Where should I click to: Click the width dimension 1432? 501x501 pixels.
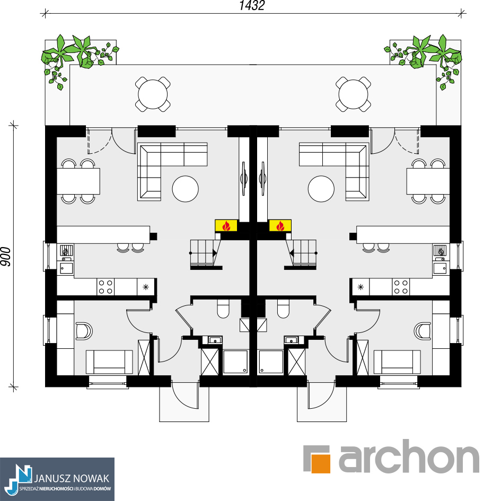point(252,5)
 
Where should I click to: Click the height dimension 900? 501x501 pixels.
point(6,257)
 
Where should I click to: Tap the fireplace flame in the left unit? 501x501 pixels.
point(226,225)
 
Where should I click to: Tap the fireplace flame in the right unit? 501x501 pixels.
point(280,225)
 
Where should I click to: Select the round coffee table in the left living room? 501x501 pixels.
point(186,189)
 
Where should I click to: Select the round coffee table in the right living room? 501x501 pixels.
point(321,189)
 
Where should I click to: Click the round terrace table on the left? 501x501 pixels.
point(153,94)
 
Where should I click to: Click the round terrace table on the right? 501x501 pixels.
point(354,94)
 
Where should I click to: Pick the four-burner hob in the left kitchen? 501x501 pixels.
point(106,287)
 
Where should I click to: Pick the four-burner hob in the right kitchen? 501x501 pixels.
point(401,287)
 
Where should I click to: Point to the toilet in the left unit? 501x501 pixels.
point(223,309)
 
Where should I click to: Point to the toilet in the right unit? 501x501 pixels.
point(283,309)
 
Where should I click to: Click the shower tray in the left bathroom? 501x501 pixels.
point(235,362)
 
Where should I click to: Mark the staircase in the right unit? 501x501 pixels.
point(301,253)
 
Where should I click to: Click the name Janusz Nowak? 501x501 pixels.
point(72,478)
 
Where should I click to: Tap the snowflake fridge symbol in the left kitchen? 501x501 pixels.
point(146,287)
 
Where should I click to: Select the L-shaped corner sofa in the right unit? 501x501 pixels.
point(334,172)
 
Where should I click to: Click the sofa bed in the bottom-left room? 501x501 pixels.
point(109,362)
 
